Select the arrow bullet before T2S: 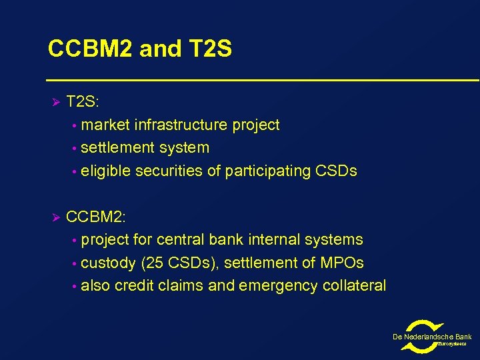point(56,102)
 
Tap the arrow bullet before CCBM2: point(56,217)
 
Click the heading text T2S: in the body point(83,102)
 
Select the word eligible point(105,171)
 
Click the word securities point(168,171)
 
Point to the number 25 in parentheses point(152,263)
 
